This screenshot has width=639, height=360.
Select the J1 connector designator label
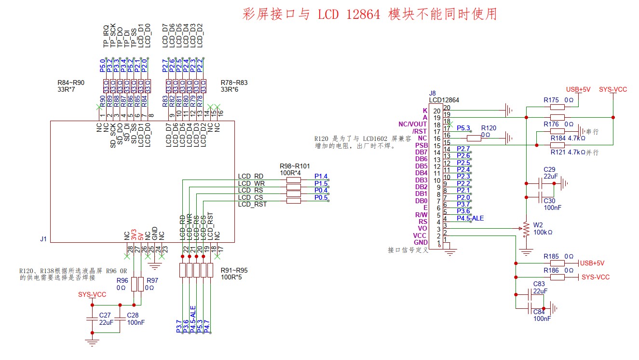pos(44,239)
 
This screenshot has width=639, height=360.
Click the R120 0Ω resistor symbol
pos(474,138)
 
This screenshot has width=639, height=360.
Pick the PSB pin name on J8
pos(421,145)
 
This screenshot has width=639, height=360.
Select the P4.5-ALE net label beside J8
pos(470,219)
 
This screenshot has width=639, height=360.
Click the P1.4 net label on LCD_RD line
pos(321,177)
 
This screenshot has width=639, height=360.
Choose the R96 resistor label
pos(122,280)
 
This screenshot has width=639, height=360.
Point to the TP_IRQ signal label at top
pos(106,36)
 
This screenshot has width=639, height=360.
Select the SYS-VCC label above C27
pos(92,294)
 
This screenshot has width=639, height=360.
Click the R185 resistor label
pos(551,256)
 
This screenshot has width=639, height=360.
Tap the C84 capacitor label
pos(539,312)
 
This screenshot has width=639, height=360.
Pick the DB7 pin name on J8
pos(421,152)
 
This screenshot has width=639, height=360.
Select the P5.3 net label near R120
pos(463,128)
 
